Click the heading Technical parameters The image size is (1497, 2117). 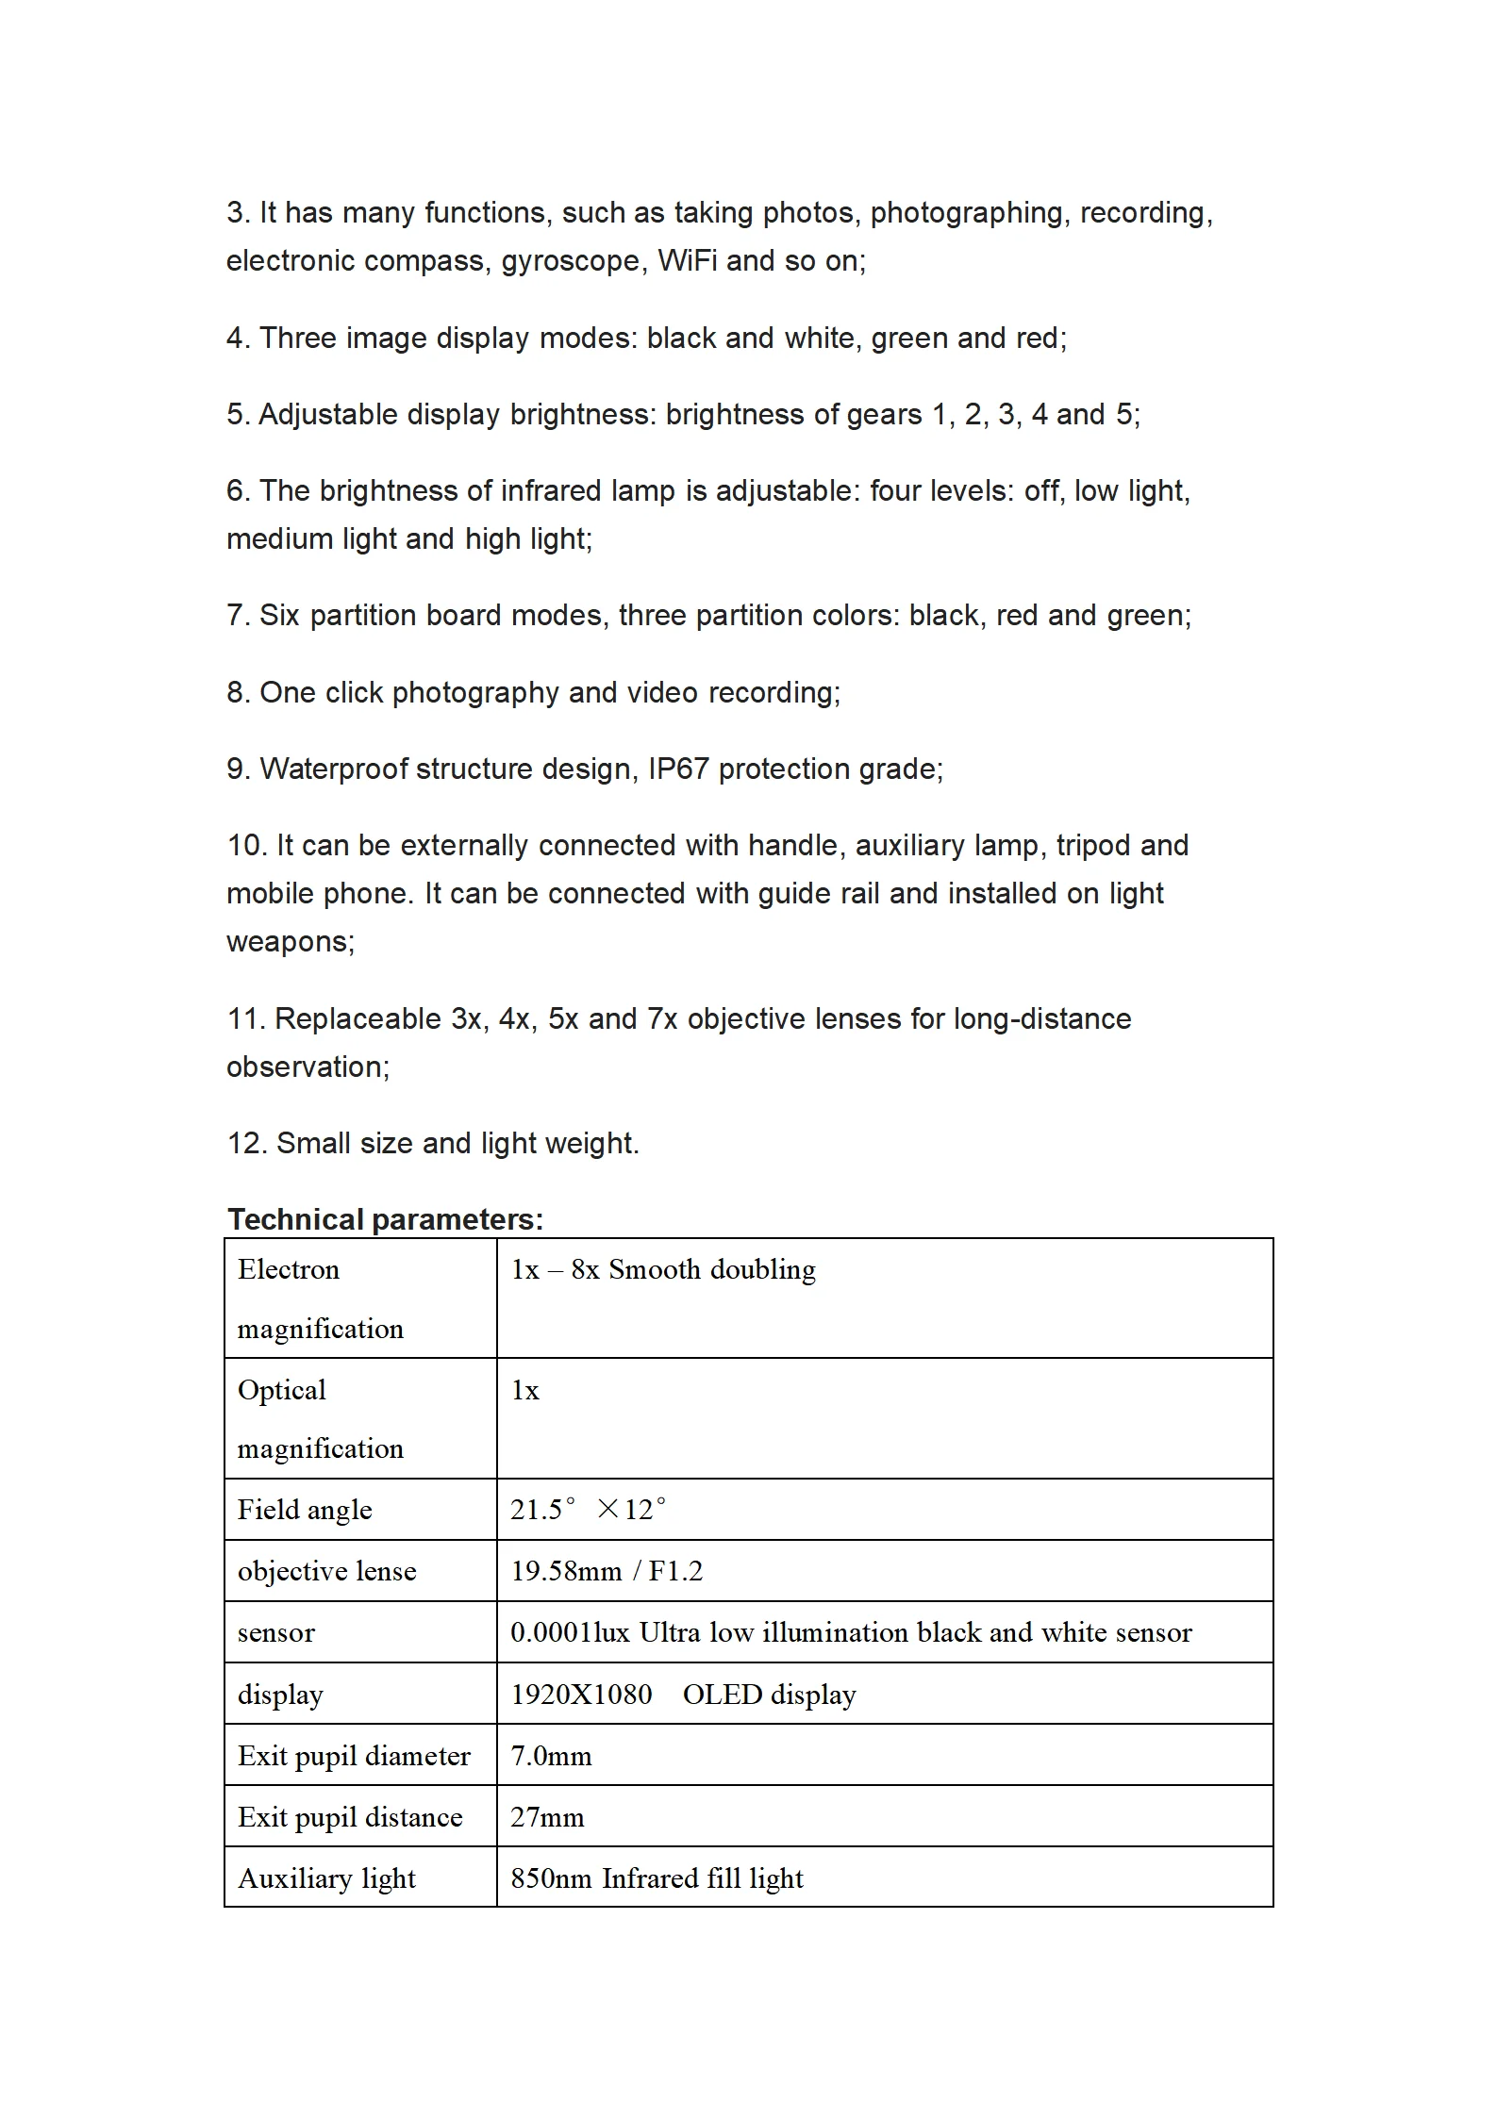point(385,1219)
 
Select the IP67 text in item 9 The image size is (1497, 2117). point(677,769)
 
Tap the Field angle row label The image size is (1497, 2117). point(305,1509)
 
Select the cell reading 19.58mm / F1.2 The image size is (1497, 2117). point(607,1570)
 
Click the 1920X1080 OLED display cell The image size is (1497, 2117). point(683,1694)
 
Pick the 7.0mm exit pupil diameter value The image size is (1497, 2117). point(551,1755)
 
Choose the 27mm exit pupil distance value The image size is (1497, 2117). point(547,1816)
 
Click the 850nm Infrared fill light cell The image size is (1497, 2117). point(657,1877)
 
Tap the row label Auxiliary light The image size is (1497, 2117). point(326,1877)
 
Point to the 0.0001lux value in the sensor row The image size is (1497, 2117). point(570,1632)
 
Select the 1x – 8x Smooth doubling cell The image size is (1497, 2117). point(663,1269)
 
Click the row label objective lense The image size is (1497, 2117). point(326,1570)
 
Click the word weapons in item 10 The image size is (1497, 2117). point(290,941)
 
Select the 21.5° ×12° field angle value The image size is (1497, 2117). point(588,1509)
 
